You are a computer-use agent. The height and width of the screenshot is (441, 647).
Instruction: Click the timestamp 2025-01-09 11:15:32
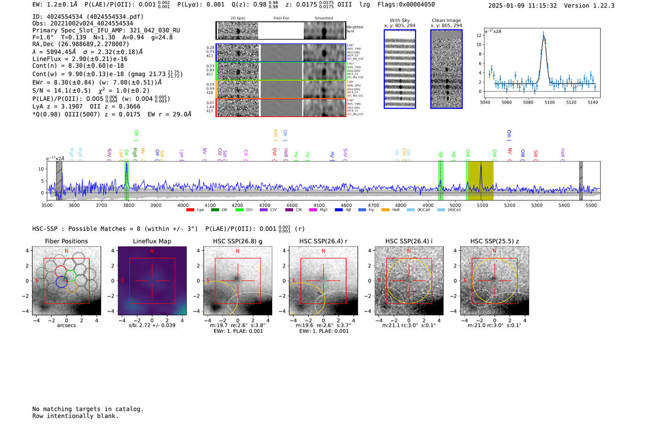coord(522,6)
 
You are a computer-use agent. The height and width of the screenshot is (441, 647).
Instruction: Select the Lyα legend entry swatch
coord(190,210)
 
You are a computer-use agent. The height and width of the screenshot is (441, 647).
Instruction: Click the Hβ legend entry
coord(343,210)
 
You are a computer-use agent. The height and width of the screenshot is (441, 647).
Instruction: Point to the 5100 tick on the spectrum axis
coord(482,205)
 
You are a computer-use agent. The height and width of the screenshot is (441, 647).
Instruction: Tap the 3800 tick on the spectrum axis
coord(128,205)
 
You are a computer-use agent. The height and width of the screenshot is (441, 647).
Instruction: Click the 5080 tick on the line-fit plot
coord(528,102)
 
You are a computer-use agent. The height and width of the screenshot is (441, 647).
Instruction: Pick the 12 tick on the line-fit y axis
coord(479,35)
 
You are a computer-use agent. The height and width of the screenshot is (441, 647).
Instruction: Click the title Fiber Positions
coord(66,241)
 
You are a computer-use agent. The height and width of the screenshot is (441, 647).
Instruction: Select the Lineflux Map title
coord(152,241)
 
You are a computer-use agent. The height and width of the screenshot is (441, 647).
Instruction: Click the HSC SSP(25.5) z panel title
coord(494,241)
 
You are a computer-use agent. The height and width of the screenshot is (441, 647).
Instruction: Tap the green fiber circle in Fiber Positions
coord(70,276)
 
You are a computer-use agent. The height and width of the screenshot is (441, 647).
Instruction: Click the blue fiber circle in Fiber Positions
coord(61,281)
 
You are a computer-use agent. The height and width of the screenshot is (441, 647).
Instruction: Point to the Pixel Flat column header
coord(281,18)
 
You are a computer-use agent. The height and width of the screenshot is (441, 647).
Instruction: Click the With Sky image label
coord(400,20)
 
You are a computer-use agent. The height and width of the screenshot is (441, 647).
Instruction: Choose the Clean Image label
coord(446,20)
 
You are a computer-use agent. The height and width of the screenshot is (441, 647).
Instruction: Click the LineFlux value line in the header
coord(79,59)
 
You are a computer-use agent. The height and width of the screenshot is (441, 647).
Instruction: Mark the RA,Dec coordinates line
coord(80,44)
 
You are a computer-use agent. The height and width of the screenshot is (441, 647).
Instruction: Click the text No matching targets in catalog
coord(88,409)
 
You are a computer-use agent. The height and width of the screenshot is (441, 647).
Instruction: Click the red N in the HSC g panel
coord(238,251)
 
